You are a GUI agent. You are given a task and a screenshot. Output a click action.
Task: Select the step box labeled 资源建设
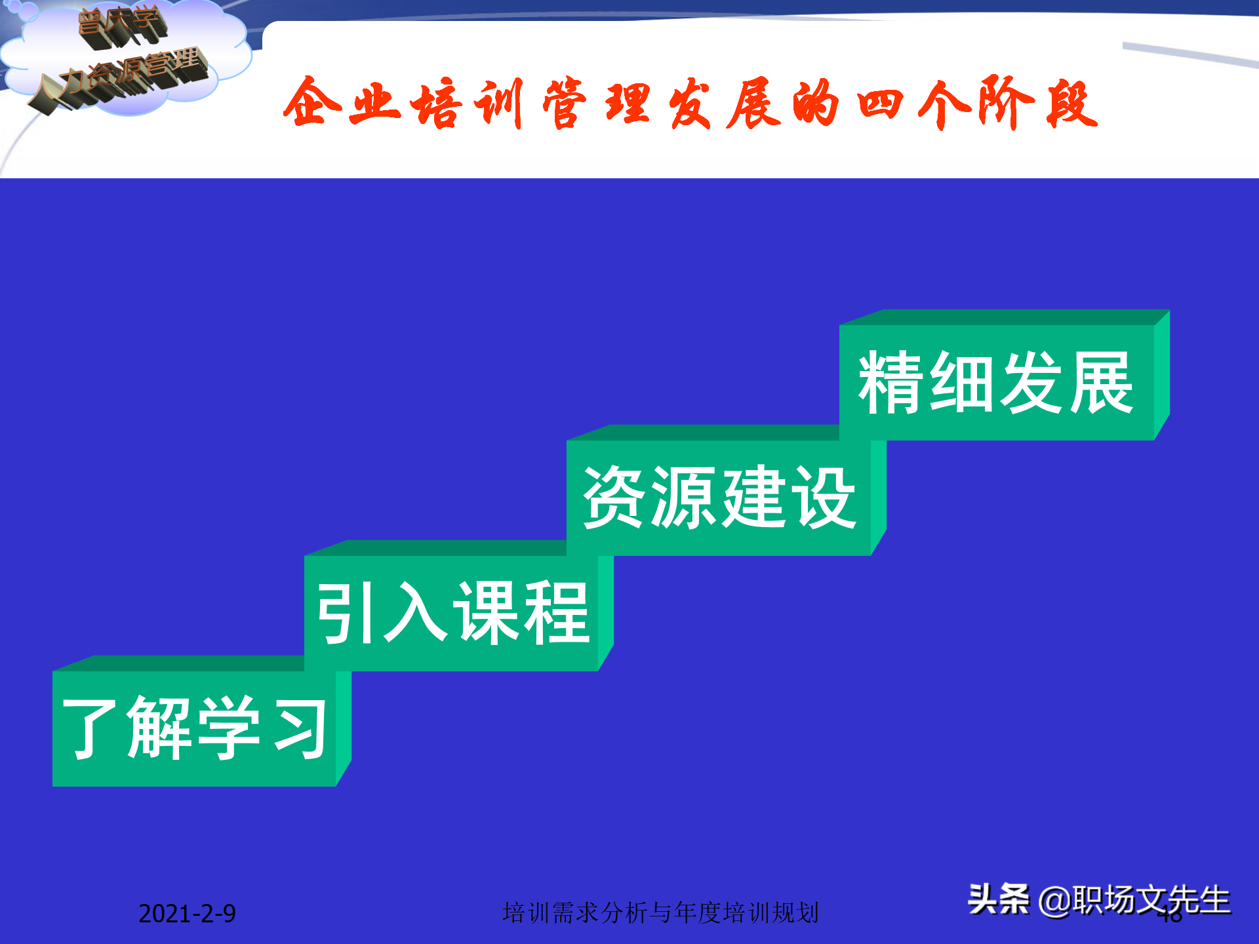[719, 498]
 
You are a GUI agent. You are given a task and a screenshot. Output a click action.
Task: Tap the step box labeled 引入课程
[452, 613]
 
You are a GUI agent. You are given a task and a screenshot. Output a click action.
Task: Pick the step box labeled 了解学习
[195, 728]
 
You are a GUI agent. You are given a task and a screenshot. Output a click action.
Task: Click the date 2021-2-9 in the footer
[187, 913]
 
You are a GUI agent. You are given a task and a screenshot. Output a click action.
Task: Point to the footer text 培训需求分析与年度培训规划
[660, 913]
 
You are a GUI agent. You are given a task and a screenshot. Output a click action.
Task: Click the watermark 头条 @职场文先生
[1099, 899]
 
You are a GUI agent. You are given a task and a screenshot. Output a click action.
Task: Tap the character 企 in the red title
[312, 103]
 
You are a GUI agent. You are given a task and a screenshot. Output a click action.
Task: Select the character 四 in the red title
[880, 104]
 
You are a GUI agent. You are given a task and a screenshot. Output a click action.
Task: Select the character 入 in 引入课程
[416, 613]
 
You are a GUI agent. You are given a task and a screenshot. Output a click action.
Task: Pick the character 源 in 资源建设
[684, 498]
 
